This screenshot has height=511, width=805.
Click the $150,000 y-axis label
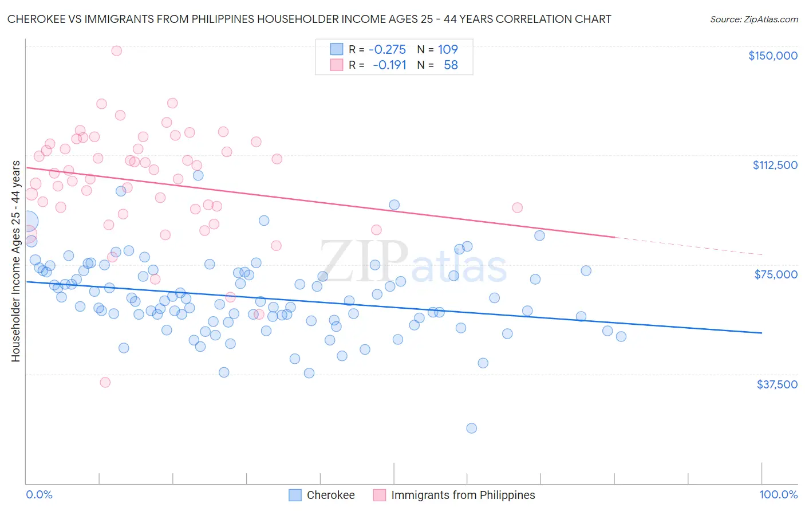pyautogui.click(x=772, y=56)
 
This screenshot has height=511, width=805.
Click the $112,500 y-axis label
pyautogui.click(x=775, y=165)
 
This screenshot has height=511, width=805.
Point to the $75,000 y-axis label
pyautogui.click(x=776, y=274)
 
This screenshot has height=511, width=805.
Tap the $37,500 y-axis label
pyautogui.click(x=776, y=384)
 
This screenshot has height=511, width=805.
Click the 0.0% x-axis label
pyautogui.click(x=39, y=494)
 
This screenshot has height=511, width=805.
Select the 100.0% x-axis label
pyautogui.click(x=778, y=494)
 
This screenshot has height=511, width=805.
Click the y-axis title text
pyautogui.click(x=15, y=261)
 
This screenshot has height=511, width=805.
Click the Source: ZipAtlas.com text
pyautogui.click(x=753, y=19)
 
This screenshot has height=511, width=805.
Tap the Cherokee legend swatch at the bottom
pyautogui.click(x=295, y=495)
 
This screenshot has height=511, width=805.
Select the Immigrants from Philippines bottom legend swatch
pyautogui.click(x=380, y=495)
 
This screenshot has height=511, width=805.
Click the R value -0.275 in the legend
pyautogui.click(x=387, y=49)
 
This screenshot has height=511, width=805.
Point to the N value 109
pyautogui.click(x=448, y=49)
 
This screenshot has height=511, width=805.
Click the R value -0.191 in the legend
pyautogui.click(x=389, y=65)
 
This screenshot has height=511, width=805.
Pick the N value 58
pyautogui.click(x=451, y=65)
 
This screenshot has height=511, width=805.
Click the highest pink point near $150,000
pyautogui.click(x=116, y=50)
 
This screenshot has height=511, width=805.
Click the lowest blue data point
pyautogui.click(x=471, y=428)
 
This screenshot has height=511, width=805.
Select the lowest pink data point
pyautogui.click(x=105, y=382)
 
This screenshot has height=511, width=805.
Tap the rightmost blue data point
pyautogui.click(x=621, y=336)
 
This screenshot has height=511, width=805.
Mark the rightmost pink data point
pyautogui.click(x=517, y=207)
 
